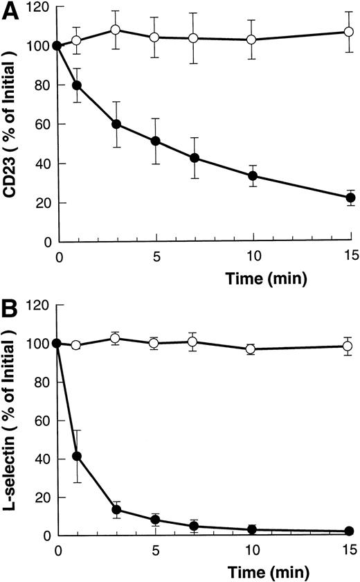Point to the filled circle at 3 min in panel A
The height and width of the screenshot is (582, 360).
[x=116, y=125]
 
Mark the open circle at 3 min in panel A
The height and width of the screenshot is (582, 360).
[x=116, y=30]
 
